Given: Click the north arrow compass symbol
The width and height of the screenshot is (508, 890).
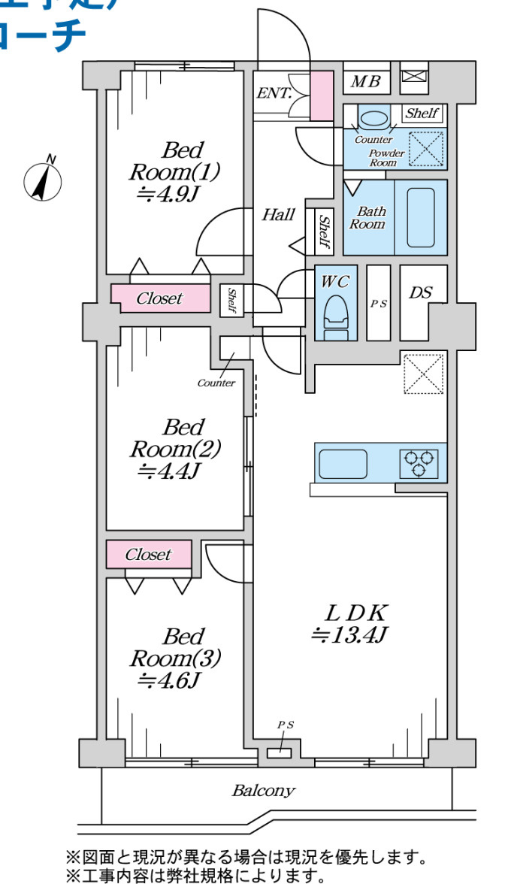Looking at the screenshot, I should pyautogui.click(x=43, y=180).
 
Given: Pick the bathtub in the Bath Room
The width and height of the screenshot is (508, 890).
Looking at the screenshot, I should pyautogui.click(x=421, y=217).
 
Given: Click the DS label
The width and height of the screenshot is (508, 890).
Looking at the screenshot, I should pyautogui.click(x=420, y=292).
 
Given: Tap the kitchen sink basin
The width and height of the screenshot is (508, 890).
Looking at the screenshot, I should pyautogui.click(x=343, y=463).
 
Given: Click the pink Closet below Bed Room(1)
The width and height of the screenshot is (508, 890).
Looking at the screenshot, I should pyautogui.click(x=159, y=298).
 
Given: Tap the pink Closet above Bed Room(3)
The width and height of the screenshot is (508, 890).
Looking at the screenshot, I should pyautogui.click(x=148, y=555).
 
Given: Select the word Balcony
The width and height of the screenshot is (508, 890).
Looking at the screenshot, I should pyautogui.click(x=263, y=791).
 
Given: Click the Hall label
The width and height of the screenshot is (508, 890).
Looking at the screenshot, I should pyautogui.click(x=278, y=215).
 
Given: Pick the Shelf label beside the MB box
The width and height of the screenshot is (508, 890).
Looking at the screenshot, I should pyautogui.click(x=422, y=114).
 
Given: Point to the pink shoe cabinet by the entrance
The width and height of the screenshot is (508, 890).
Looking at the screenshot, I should pyautogui.click(x=322, y=95).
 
